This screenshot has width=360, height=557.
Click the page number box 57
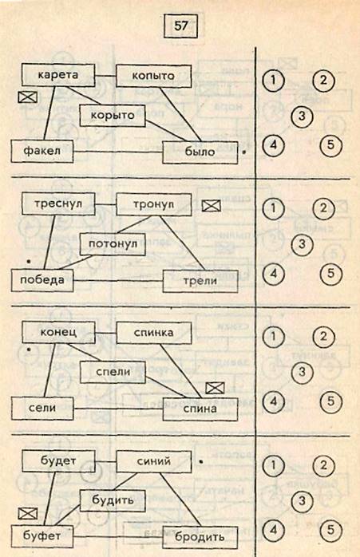tap(180, 26)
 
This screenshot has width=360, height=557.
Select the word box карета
tap(58, 75)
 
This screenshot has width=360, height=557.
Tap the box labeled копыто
tap(154, 76)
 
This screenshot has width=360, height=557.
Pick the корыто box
tap(113, 116)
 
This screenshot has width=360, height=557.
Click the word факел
tap(42, 151)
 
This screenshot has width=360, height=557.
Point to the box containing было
tap(200, 152)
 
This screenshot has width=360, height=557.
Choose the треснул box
tap(58, 204)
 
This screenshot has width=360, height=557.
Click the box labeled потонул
tap(113, 244)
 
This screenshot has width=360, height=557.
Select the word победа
tap(42, 280)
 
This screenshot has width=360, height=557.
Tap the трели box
tap(200, 281)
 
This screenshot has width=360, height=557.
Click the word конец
tap(58, 332)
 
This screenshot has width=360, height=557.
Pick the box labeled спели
tap(113, 373)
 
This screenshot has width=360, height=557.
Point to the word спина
tap(200, 409)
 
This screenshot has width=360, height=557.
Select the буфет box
tap(42, 536)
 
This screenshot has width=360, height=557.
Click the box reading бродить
tap(200, 538)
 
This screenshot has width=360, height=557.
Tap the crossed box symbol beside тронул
tap(211, 206)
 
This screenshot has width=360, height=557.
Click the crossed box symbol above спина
tap(215, 389)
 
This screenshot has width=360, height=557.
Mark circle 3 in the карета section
tap(302, 116)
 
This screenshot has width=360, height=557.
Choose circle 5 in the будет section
tap(330, 531)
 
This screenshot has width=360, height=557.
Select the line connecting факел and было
tap(118, 152)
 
